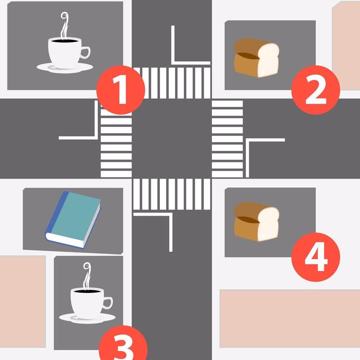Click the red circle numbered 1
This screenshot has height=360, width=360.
pos(121,90)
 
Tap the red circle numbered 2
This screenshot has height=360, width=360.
pos(316,90)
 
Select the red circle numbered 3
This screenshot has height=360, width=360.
pos(123,344)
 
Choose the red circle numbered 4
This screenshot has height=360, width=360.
pos(316,257)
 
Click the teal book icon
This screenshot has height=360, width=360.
pos(73,220)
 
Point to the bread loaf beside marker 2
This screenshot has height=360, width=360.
pos(256,58)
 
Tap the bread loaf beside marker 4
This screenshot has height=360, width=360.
pos(256,221)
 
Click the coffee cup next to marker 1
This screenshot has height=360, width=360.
pos(65,43)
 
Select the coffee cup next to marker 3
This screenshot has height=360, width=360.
pos(87,293)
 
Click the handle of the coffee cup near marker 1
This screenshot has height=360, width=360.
pos(85,52)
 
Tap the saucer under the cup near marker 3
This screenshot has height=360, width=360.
pos(87,318)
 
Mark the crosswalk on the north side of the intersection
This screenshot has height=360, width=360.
pos(172,83)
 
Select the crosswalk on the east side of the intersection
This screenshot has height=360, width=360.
pos(227,139)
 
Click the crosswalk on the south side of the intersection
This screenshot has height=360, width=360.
pos(172,194)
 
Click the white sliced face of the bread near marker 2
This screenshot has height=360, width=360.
pos(268,60)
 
